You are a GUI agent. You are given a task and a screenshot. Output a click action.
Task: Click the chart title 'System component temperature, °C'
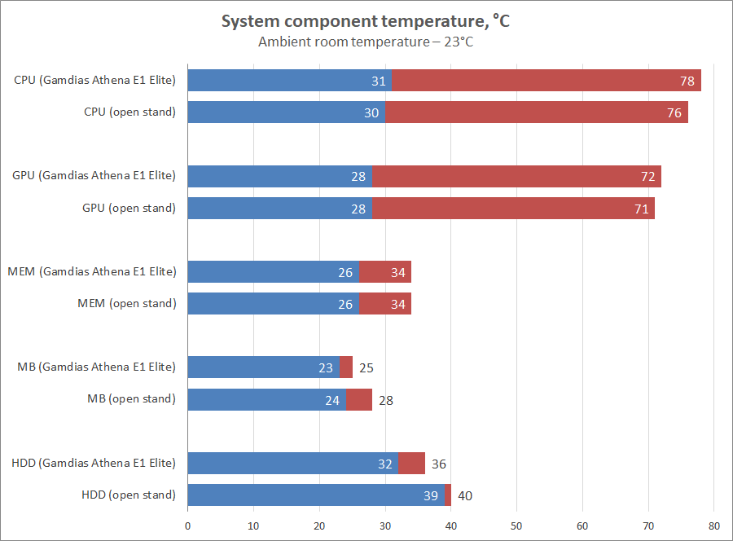point(366,22)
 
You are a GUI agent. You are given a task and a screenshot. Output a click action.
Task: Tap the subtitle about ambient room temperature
point(366,42)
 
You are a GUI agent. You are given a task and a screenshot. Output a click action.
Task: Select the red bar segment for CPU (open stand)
point(537,112)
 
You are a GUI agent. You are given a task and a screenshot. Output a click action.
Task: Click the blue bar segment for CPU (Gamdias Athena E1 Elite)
point(289,81)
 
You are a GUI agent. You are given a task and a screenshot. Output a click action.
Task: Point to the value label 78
point(687,81)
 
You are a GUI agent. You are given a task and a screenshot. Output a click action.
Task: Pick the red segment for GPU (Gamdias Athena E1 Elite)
point(516,176)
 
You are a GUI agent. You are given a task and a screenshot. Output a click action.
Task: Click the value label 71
point(642,209)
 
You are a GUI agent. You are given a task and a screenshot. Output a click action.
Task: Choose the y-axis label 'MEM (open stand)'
point(126,304)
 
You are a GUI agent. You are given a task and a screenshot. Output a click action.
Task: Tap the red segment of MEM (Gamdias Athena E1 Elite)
point(385,271)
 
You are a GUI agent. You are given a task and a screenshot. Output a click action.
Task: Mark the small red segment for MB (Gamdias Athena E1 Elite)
point(346,367)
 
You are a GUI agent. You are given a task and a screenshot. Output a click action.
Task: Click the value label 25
point(366,367)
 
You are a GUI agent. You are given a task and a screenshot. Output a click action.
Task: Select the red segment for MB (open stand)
point(359,399)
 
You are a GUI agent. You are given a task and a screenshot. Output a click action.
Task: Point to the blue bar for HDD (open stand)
point(316,495)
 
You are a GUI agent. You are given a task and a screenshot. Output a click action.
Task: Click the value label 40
point(465,495)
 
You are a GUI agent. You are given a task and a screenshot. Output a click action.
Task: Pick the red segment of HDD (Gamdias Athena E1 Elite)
point(411,463)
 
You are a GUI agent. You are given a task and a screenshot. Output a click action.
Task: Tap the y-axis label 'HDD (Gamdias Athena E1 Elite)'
point(94,463)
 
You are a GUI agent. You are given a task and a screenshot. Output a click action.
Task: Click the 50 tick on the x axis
point(516,526)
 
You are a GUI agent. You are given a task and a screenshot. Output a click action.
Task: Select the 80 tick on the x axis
point(714,526)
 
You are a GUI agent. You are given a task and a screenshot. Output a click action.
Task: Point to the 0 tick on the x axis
point(188,526)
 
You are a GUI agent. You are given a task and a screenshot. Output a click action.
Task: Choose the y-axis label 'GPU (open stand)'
point(129,209)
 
